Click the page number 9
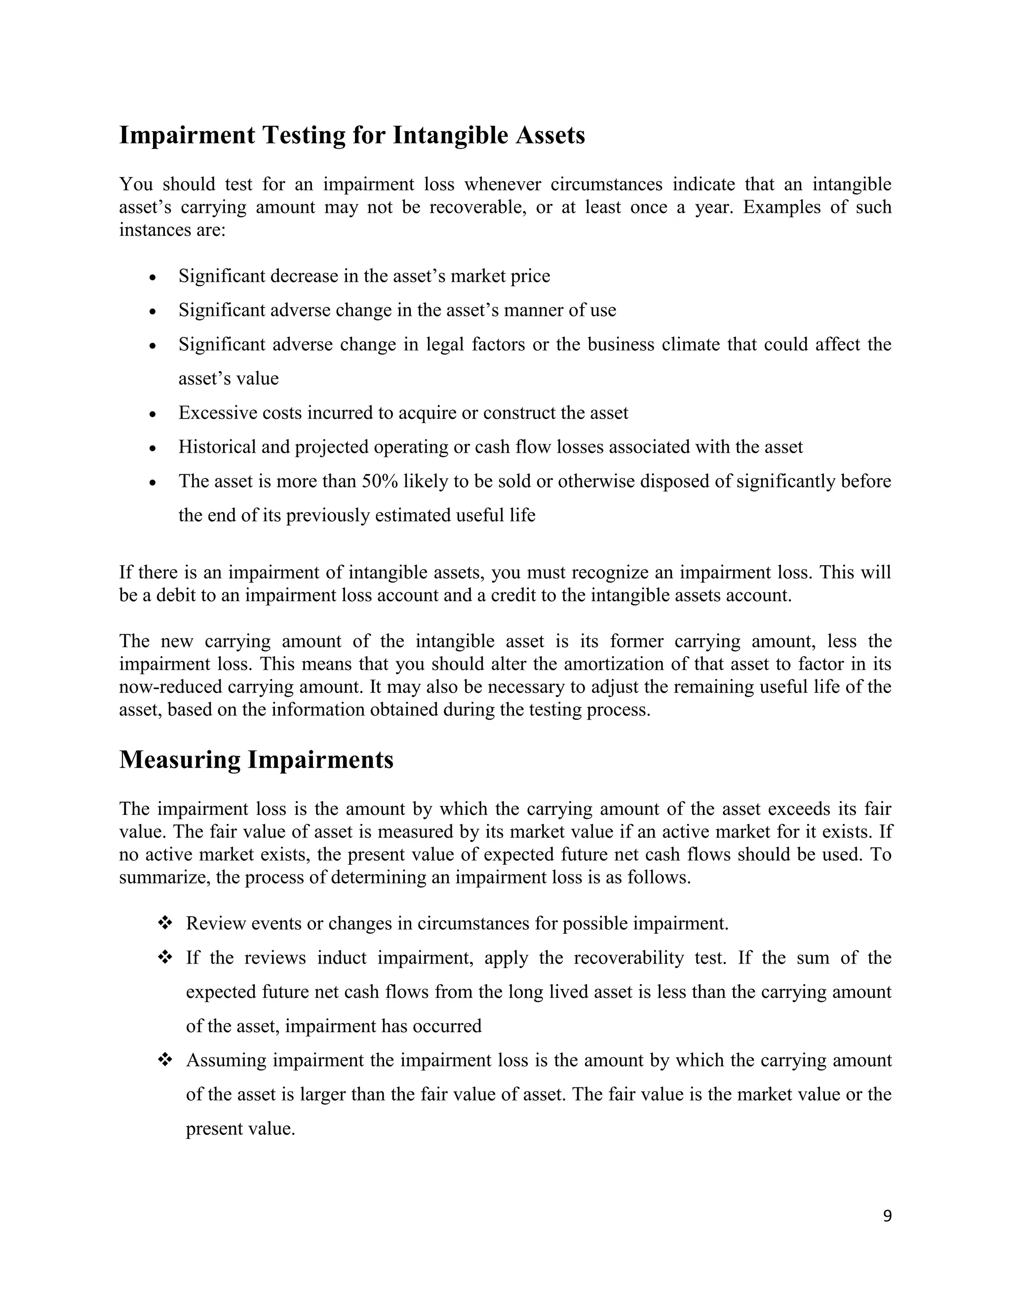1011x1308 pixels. (x=887, y=1216)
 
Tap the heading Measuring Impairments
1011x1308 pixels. (x=256, y=760)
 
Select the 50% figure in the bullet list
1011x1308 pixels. (x=380, y=482)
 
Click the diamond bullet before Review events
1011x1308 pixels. (x=164, y=923)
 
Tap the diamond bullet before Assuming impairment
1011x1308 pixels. (x=164, y=1061)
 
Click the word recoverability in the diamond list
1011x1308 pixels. (x=628, y=958)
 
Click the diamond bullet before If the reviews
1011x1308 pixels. (x=164, y=958)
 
